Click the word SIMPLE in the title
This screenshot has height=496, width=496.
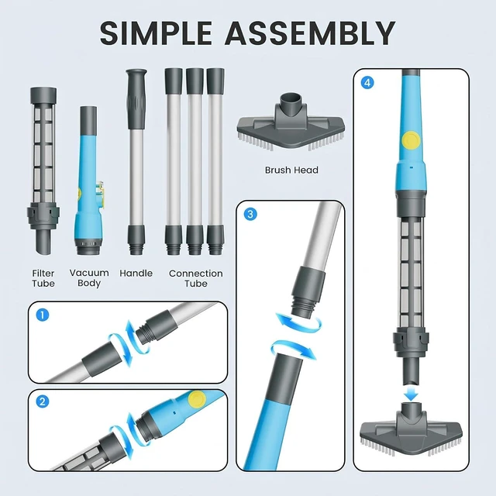[x=156, y=33]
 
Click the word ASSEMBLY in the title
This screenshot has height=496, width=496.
[x=310, y=33]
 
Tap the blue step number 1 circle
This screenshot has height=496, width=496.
[x=43, y=315]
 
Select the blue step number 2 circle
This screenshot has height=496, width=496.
[x=43, y=402]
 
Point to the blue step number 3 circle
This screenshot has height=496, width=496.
[x=250, y=214]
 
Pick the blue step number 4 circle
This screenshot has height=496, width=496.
[x=367, y=83]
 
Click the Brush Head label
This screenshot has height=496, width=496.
[x=291, y=170]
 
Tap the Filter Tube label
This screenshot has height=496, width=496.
[x=43, y=278]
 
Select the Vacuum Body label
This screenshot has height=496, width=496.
[x=89, y=277]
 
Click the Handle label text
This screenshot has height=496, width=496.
[x=136, y=274]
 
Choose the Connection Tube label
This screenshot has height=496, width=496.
[x=196, y=278]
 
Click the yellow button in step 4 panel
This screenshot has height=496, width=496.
[x=411, y=140]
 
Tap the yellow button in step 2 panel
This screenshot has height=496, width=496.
[x=197, y=400]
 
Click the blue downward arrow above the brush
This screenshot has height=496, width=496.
[x=411, y=394]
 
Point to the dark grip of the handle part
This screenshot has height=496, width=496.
[x=136, y=99]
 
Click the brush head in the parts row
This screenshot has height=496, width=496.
[x=291, y=122]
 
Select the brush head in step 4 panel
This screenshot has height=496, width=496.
[x=412, y=429]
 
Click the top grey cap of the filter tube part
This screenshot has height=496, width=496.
[x=43, y=96]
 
